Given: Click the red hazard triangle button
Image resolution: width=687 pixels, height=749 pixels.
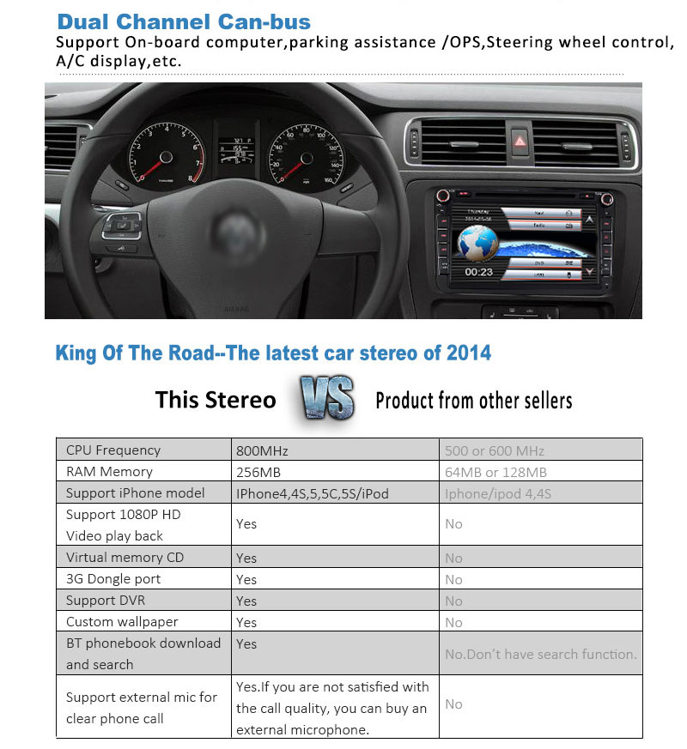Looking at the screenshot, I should coord(519,140).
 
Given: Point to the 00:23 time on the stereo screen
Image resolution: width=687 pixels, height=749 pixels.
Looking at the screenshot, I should coord(479,272).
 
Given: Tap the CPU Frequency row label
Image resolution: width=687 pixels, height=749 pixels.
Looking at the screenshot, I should coord(113,450).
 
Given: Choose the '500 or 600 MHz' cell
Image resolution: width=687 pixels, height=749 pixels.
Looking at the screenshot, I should coord(495,450).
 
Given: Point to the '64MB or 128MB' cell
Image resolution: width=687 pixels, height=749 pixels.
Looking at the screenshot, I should coord(495,472).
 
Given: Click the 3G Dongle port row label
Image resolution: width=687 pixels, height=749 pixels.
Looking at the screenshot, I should coord(113,579).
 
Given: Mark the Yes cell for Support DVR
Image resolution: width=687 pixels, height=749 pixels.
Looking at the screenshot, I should coord(246,601).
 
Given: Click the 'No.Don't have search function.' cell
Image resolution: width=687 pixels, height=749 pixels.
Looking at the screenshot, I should coord(541,654).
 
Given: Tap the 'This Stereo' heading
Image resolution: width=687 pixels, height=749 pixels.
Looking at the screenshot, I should coord(216,400).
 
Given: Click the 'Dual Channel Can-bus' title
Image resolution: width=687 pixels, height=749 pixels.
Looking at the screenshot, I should coord(184,21).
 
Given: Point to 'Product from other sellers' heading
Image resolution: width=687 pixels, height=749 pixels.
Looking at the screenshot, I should coord(474,400).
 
